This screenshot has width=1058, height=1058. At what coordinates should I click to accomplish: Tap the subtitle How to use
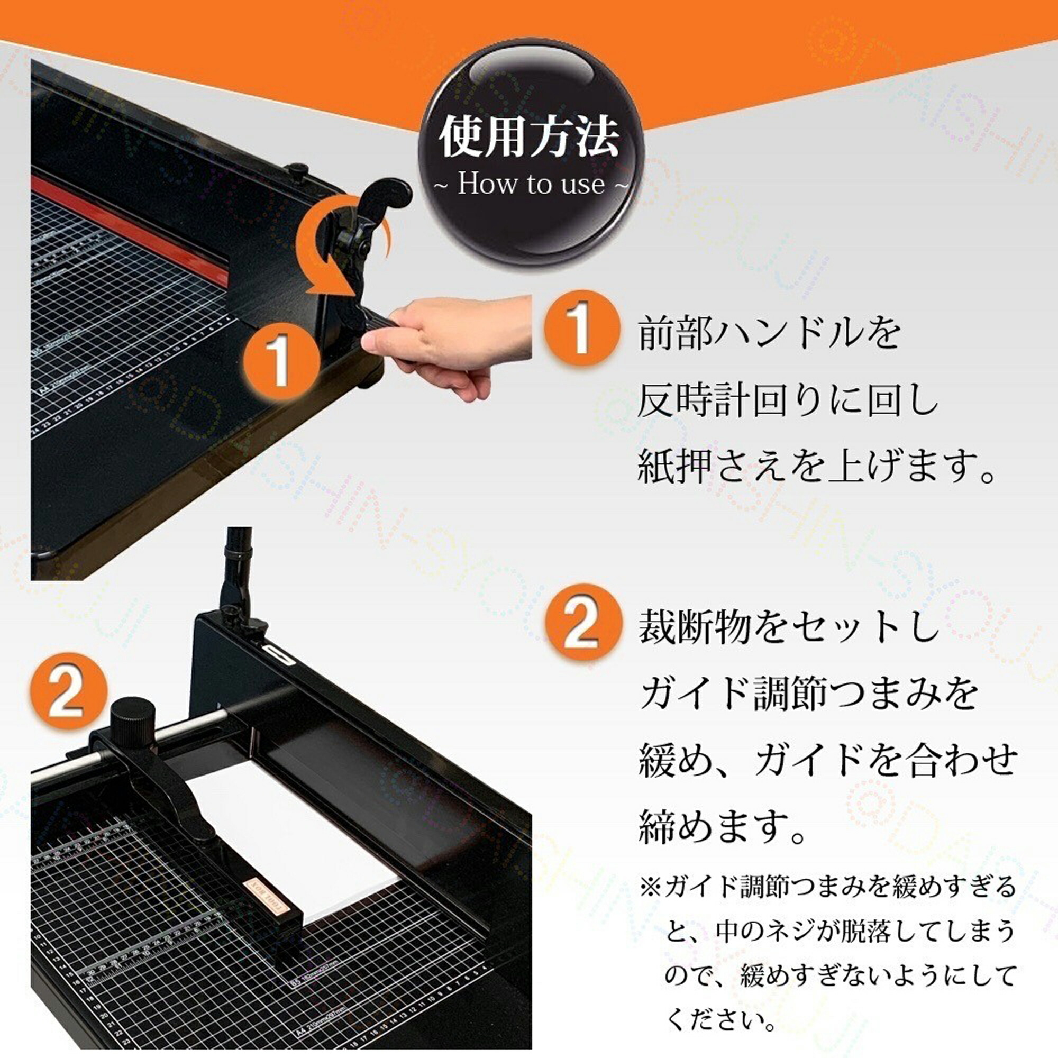[x=531, y=184]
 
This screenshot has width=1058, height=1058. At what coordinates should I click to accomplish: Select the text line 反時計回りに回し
[x=789, y=401]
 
